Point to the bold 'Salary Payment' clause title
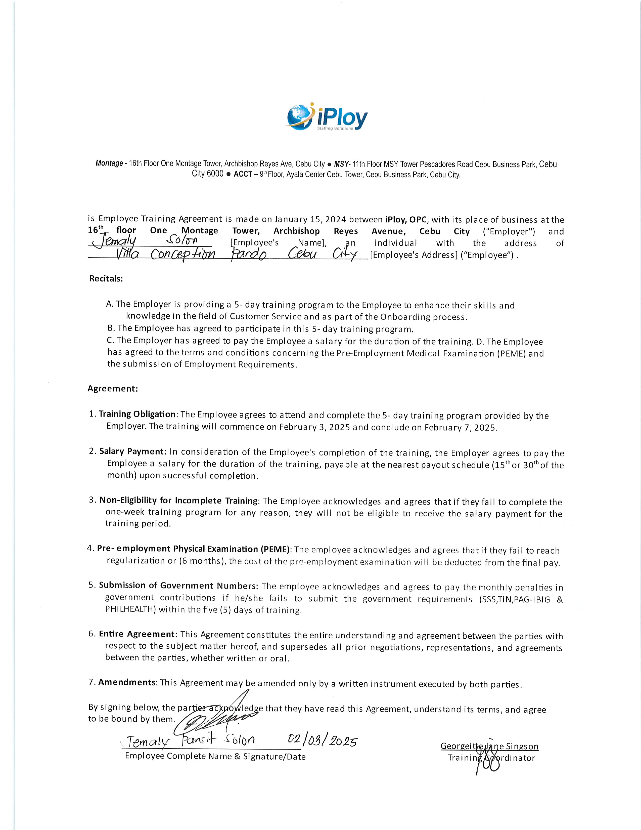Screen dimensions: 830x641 132,451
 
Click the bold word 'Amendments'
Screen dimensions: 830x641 127,682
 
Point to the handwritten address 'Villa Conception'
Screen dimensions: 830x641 165,254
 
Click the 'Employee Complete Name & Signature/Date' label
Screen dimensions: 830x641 215,756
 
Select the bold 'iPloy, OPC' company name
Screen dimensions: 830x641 406,219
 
